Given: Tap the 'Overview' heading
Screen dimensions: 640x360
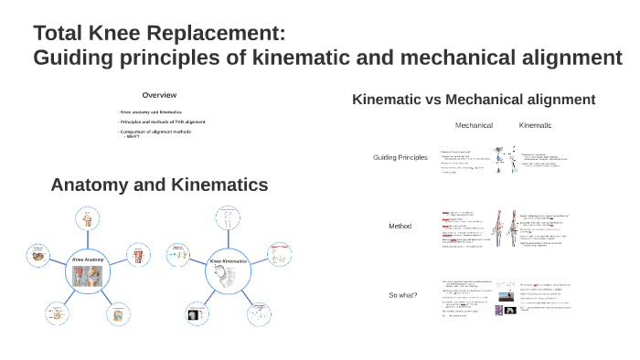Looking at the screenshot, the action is (x=159, y=95).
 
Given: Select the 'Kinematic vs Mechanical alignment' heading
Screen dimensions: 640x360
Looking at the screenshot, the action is (x=474, y=99).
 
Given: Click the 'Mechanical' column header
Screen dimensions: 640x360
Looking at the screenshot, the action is (x=474, y=125).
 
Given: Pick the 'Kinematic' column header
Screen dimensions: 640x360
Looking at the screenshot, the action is (x=535, y=125).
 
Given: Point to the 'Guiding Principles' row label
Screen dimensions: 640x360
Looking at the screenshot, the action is (x=400, y=158).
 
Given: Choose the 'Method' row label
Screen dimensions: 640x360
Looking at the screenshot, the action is (x=400, y=226).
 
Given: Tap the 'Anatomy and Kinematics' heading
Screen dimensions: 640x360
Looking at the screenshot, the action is (x=159, y=185).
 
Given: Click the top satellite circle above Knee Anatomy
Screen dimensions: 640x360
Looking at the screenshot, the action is (x=89, y=217).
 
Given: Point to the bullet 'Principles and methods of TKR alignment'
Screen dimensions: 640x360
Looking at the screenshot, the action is (x=162, y=122).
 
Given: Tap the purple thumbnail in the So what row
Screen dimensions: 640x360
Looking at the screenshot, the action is (x=499, y=310).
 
